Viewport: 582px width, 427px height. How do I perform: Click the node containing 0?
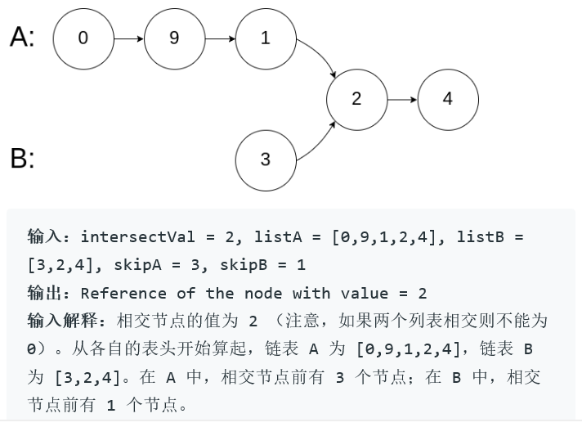83,38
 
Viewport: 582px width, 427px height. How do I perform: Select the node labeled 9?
174,38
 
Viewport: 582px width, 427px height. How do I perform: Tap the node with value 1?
265,38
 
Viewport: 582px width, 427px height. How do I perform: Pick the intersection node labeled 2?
356,99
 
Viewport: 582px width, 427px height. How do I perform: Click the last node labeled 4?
447,99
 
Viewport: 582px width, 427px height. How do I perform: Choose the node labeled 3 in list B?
265,160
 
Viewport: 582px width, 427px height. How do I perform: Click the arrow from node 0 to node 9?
128,38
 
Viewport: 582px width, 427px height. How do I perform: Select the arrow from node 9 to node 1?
220,38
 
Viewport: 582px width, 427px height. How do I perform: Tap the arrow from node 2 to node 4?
401,99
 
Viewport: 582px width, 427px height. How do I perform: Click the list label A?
22,38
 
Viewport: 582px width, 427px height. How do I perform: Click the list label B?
22,159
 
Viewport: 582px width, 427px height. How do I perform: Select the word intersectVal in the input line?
137,237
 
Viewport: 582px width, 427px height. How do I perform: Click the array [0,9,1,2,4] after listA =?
388,237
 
